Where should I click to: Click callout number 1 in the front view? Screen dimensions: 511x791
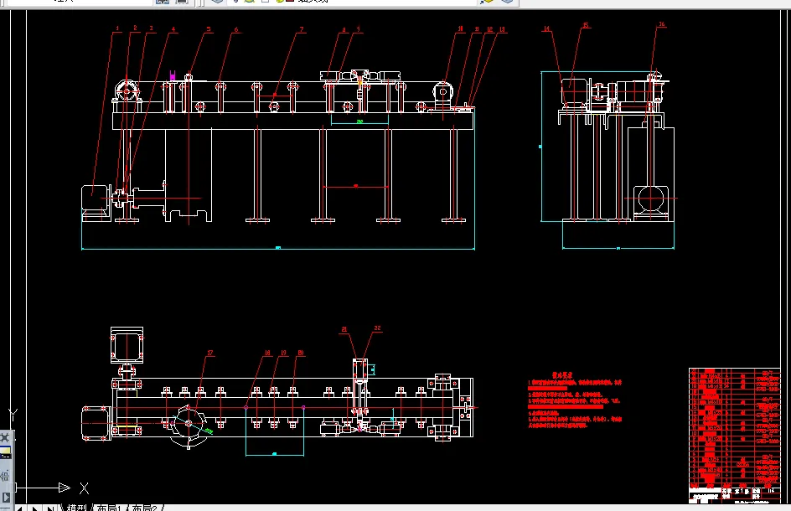pyautogui.click(x=118, y=29)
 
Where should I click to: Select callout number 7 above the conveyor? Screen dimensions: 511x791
pyautogui.click(x=302, y=30)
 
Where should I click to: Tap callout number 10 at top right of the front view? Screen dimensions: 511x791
pyautogui.click(x=459, y=30)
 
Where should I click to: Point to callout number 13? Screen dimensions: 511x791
pyautogui.click(x=502, y=30)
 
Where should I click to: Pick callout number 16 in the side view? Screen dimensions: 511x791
pyautogui.click(x=661, y=25)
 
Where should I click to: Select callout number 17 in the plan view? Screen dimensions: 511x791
pyautogui.click(x=209, y=353)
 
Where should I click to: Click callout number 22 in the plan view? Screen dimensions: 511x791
pyautogui.click(x=377, y=328)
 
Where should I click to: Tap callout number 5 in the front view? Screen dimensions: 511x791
pyautogui.click(x=209, y=30)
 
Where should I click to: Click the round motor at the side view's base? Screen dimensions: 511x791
pyautogui.click(x=650, y=199)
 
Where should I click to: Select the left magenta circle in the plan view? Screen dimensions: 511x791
pyautogui.click(x=246, y=407)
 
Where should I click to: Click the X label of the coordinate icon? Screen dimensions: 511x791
pyautogui.click(x=84, y=488)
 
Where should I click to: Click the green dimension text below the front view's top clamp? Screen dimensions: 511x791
pyautogui.click(x=359, y=121)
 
